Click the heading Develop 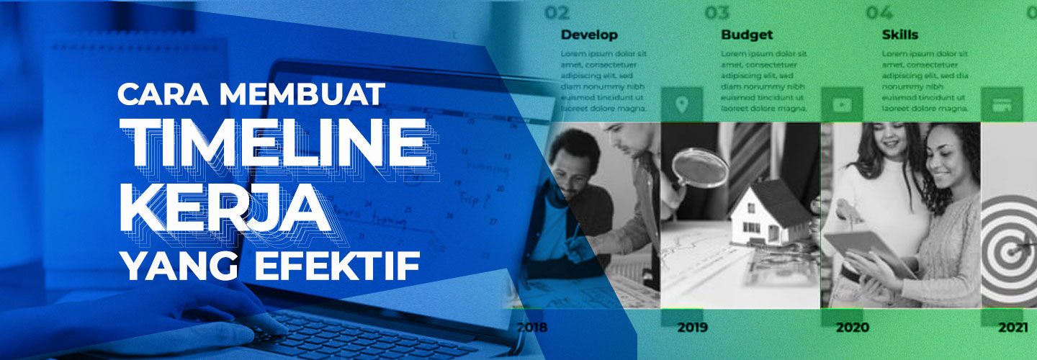589,35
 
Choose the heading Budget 747,35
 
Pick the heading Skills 899,35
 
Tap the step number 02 557,12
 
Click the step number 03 717,12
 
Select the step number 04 878,12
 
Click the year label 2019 692,328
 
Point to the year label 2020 852,328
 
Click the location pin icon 681,105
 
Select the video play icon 842,105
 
